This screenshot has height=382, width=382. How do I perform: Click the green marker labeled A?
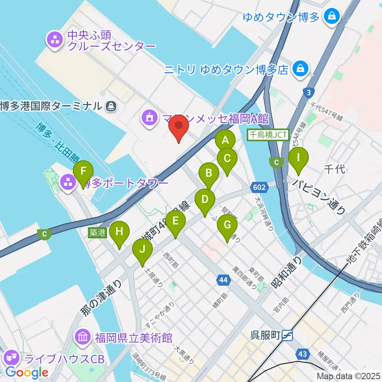tap(225, 140)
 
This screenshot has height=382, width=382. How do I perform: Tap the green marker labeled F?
tap(83, 172)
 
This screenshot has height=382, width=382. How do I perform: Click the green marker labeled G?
tap(227, 226)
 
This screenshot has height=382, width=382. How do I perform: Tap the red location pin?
tap(179, 127)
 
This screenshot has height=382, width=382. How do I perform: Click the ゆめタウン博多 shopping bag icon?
tap(331, 16)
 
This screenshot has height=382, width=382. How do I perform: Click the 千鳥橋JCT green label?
tap(268, 135)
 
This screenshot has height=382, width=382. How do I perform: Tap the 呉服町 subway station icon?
tap(286, 336)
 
